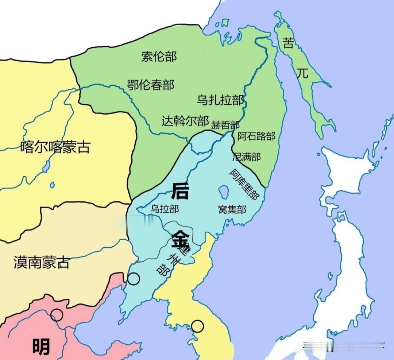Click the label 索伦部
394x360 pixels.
tap(159, 57)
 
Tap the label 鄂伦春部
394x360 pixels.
tap(151, 85)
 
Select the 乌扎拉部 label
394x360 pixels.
tap(220, 99)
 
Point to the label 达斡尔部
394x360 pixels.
tap(185, 121)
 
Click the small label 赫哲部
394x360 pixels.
tap(225, 125)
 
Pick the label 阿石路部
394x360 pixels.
tap(256, 136)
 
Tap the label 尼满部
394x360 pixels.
tap(247, 157)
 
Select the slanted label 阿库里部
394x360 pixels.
tap(244, 184)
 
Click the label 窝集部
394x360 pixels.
tap(232, 209)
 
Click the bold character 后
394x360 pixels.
tap(180, 191)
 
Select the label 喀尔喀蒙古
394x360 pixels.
tap(55, 147)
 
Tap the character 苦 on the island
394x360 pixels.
tap(288, 44)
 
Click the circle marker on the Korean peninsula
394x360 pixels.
tap(197, 326)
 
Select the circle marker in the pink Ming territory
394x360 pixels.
tap(57, 315)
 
